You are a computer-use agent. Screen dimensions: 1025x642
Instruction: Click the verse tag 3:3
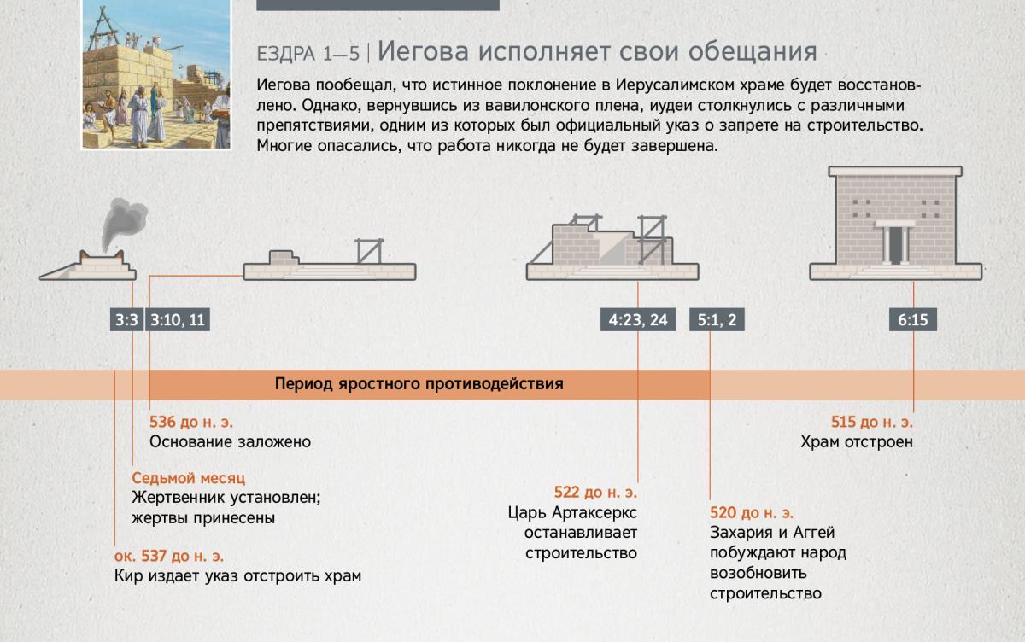click(126, 319)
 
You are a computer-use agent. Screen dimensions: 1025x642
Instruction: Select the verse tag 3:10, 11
click(178, 319)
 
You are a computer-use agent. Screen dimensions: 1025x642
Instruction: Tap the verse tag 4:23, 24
click(638, 319)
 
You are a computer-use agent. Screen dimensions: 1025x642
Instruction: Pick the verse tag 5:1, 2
click(717, 319)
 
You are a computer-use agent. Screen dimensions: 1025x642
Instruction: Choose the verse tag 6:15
click(913, 319)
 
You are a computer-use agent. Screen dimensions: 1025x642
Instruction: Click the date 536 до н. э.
click(191, 422)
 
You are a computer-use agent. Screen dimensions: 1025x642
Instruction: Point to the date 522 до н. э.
click(595, 492)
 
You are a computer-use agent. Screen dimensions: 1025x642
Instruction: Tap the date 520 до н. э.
click(752, 512)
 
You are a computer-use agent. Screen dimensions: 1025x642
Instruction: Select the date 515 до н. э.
click(872, 422)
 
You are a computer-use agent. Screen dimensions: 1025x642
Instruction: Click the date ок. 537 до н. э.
click(169, 556)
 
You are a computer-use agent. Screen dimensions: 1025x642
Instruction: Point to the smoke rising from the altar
click(124, 223)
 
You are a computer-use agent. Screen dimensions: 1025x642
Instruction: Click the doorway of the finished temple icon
click(895, 246)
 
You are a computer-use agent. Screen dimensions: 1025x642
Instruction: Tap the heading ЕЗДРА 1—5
click(308, 54)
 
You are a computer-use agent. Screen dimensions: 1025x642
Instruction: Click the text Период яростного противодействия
click(419, 383)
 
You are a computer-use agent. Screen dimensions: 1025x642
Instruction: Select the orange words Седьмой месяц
click(189, 478)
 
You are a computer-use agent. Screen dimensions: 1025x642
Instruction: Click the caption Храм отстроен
click(857, 441)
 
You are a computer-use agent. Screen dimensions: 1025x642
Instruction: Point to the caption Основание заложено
click(230, 441)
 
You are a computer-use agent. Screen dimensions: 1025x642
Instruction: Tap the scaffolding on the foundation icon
click(369, 251)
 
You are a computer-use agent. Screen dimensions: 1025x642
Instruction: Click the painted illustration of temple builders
click(156, 74)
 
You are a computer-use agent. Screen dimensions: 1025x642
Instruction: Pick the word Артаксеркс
click(594, 512)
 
